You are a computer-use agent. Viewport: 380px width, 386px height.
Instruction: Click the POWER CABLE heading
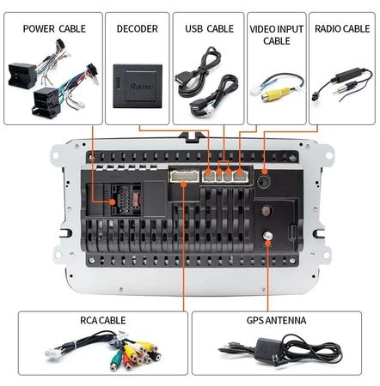(x=54, y=28)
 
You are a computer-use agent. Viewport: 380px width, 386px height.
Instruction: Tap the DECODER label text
(x=138, y=28)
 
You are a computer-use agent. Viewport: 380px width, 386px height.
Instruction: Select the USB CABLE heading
(x=209, y=28)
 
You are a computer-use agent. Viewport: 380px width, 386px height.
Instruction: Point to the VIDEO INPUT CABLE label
(x=277, y=34)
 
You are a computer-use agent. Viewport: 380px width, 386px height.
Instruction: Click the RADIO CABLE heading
(x=342, y=28)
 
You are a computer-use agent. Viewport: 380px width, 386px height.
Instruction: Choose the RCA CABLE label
(x=102, y=320)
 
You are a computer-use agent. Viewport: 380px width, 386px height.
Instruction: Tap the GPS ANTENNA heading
(x=276, y=320)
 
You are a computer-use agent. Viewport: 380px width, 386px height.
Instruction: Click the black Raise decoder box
(x=138, y=86)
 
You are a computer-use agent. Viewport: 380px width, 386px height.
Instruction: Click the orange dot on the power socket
(x=113, y=202)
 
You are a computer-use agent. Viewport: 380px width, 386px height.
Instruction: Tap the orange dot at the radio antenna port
(x=265, y=172)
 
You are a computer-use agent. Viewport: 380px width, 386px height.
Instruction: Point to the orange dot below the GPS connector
(x=267, y=244)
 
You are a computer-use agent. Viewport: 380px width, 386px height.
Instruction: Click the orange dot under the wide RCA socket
(x=184, y=184)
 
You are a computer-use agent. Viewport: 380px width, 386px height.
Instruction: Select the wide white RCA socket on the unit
(x=185, y=176)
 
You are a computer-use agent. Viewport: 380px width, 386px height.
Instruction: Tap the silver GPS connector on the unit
(x=267, y=236)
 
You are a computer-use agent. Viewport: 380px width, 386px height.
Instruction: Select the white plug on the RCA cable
(x=53, y=353)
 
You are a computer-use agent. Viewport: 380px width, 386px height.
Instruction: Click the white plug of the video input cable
(x=255, y=91)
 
